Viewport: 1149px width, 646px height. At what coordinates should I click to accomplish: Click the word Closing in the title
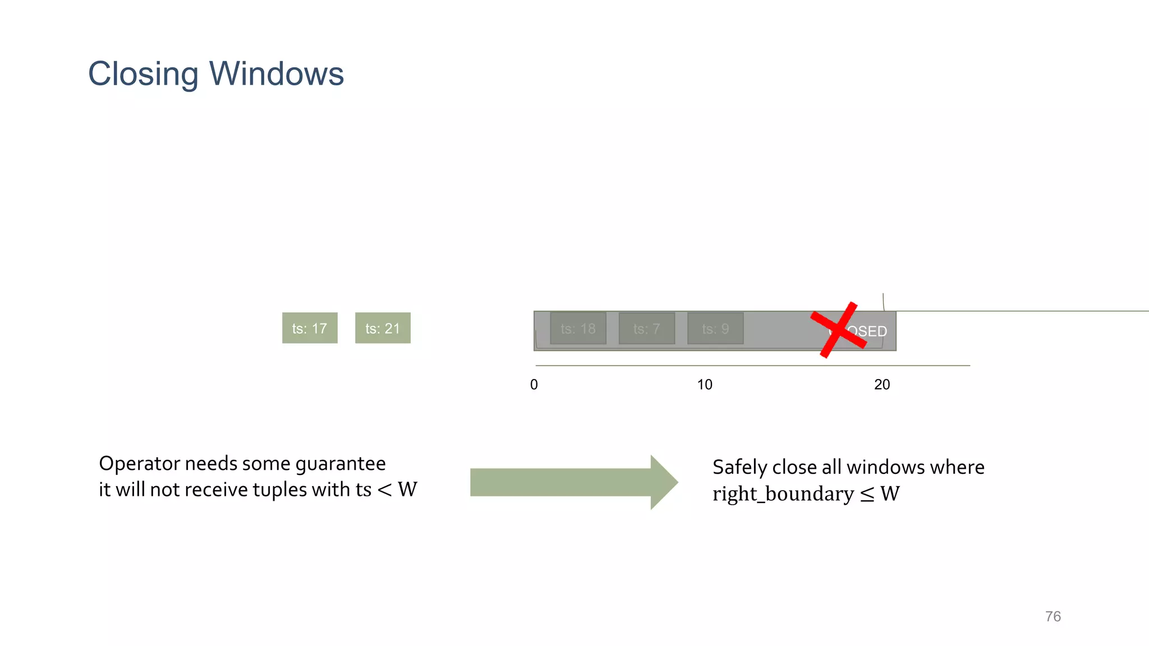[x=143, y=74]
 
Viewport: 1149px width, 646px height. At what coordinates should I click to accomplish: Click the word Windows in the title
[x=276, y=74]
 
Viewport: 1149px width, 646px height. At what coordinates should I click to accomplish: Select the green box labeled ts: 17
[x=310, y=328]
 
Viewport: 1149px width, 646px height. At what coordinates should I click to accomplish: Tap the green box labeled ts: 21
[x=383, y=328]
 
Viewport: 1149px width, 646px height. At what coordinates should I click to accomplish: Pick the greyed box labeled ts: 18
[x=578, y=329]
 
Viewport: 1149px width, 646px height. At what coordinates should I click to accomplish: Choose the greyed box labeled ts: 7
[x=646, y=329]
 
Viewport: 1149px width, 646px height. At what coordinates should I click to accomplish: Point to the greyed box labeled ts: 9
[x=715, y=329]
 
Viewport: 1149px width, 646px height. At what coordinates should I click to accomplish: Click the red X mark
[x=838, y=330]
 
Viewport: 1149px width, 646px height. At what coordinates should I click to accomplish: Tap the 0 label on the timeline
[x=534, y=385]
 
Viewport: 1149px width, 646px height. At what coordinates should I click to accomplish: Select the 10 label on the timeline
[x=705, y=385]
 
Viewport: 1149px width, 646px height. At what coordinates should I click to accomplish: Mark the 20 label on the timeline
[x=882, y=385]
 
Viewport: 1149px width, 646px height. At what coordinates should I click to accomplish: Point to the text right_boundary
[x=783, y=494]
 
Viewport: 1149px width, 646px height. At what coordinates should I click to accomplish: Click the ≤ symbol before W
[x=867, y=495]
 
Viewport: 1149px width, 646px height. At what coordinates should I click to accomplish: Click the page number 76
[x=1053, y=616]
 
